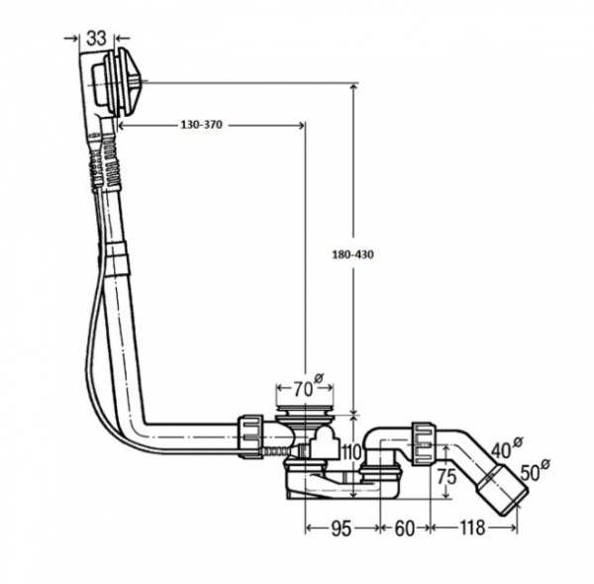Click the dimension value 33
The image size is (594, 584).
pos(95,38)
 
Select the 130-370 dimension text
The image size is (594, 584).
pos(202,127)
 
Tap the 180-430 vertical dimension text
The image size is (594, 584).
pos(353,253)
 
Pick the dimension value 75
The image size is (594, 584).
pos(447,475)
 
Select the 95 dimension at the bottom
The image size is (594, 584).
pos(341,528)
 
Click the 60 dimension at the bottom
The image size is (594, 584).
pos(404,528)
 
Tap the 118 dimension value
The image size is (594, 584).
pos(473,528)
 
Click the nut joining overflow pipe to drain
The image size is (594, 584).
pos(253,435)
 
